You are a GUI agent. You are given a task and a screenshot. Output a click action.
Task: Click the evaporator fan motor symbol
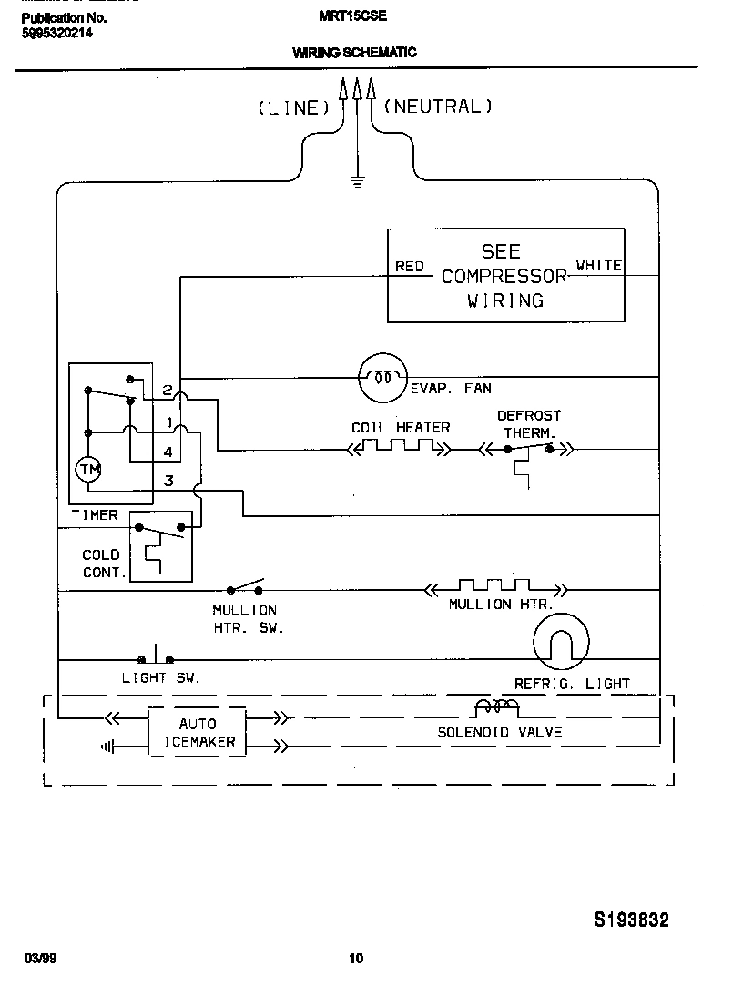[381, 376]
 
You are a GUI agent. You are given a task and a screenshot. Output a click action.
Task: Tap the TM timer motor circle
[88, 469]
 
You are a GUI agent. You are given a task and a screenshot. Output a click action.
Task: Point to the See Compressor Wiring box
[505, 275]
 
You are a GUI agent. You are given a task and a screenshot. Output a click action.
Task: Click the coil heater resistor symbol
[399, 447]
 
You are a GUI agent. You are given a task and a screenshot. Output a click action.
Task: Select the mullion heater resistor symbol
[494, 588]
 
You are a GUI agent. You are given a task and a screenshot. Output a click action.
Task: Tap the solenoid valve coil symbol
[496, 707]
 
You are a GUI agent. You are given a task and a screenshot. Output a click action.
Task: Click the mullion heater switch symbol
[245, 586]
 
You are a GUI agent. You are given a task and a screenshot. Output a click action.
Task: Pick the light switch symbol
[156, 656]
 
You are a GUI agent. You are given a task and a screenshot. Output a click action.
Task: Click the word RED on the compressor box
[410, 267]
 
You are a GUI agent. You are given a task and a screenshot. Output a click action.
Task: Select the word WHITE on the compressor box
[598, 266]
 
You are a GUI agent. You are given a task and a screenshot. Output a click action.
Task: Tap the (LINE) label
[293, 108]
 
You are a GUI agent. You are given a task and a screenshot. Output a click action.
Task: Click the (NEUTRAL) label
[438, 107]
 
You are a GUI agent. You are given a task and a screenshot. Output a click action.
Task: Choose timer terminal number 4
[168, 452]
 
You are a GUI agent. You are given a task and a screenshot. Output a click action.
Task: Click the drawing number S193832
[631, 920]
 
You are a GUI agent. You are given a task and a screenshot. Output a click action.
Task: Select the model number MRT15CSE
[352, 15]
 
